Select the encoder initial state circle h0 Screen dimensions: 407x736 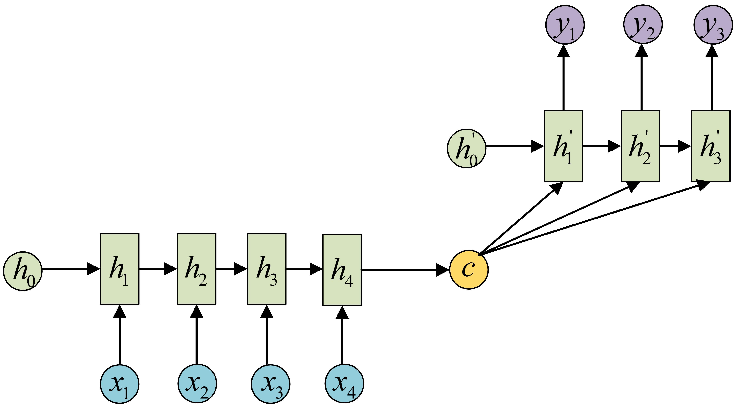coord(23,271)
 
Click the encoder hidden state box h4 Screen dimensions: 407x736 coord(342,270)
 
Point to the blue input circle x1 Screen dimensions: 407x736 coord(119,384)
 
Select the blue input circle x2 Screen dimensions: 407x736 coord(197,383)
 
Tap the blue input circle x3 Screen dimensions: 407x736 coord(271,384)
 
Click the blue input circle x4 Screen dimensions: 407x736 coord(344,383)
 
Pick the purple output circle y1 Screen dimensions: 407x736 coord(565,25)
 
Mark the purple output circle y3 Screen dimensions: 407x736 coord(713,25)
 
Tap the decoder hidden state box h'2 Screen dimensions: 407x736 coord(640,146)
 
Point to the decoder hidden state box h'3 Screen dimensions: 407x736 coord(710,146)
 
